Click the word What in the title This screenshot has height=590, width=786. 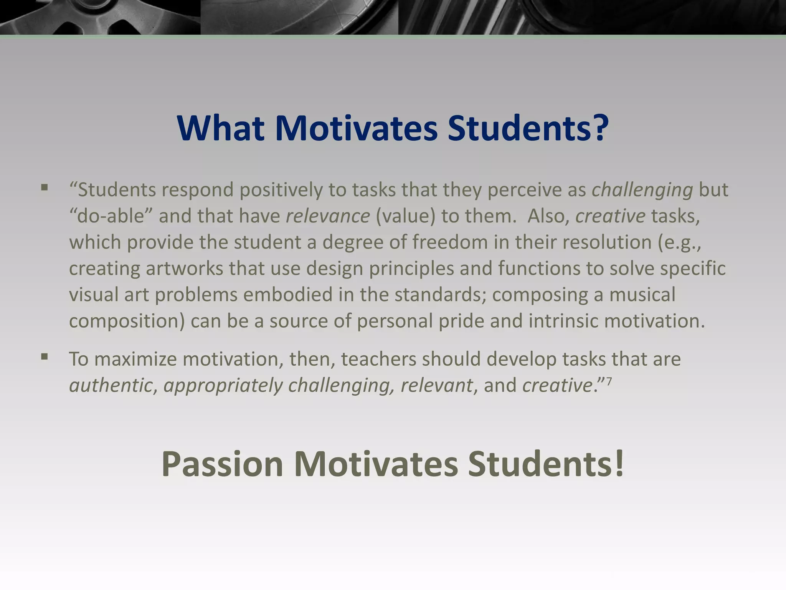pos(220,128)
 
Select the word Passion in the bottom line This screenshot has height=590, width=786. pos(222,464)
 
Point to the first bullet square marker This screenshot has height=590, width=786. pos(45,188)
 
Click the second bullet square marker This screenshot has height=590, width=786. pos(45,357)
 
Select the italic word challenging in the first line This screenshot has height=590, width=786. pos(642,190)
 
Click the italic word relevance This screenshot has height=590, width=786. pos(328,216)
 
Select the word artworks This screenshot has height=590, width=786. pos(184,268)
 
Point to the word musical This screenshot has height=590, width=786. pos(642,295)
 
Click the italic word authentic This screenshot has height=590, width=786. pos(111,385)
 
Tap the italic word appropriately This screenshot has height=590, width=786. pos(223,386)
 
